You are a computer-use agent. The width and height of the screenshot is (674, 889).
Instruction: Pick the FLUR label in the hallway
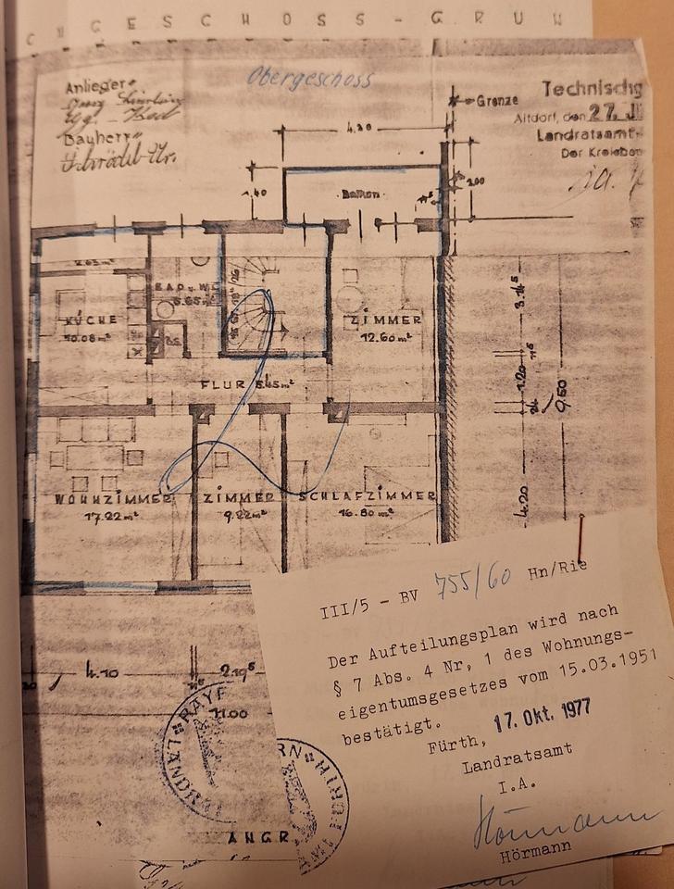tap(221, 382)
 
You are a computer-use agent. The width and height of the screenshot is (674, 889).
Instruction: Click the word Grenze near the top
tap(497, 99)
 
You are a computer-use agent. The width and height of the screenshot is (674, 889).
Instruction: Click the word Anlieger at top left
tap(94, 89)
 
